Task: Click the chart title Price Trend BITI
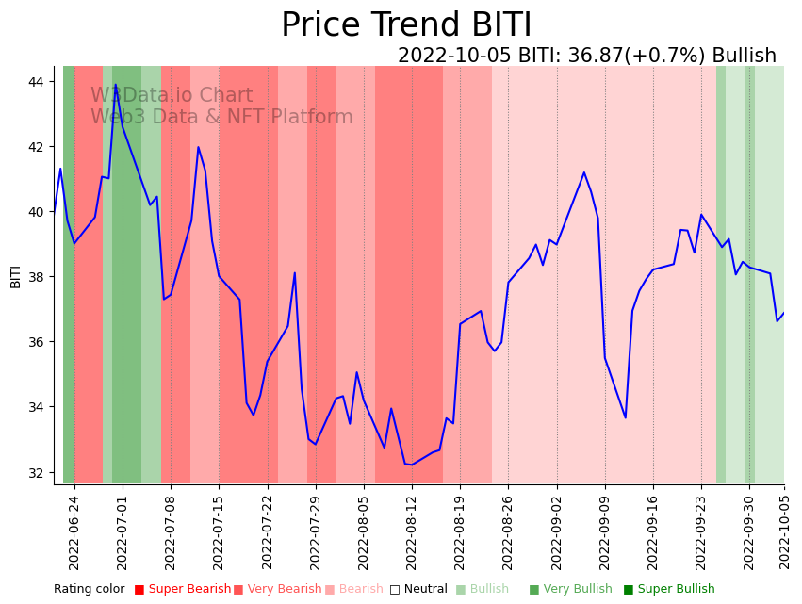point(406,25)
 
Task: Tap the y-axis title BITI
point(15,276)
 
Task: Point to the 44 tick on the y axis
point(36,82)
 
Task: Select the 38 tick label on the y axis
point(36,277)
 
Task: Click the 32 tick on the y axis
point(36,472)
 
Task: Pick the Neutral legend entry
point(418,589)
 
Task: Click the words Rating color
point(89,589)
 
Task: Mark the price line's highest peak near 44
point(116,86)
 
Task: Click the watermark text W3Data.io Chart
point(172,96)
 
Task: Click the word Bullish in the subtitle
point(744,56)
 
